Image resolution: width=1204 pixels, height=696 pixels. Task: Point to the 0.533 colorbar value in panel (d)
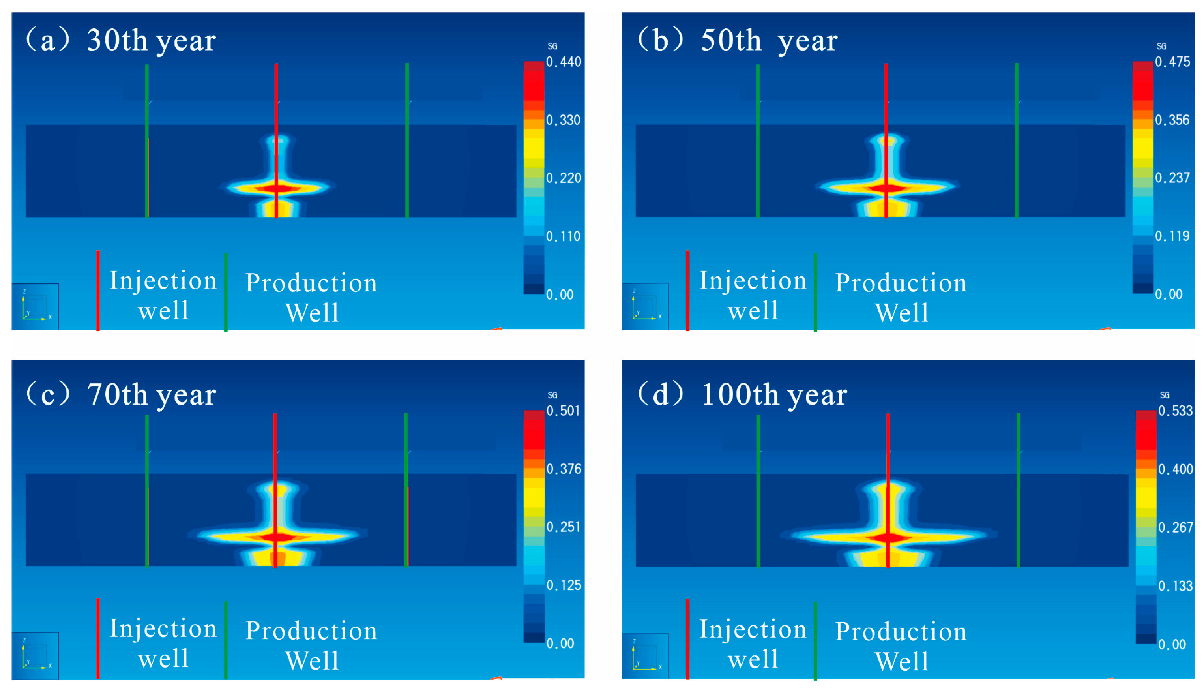coord(1175,411)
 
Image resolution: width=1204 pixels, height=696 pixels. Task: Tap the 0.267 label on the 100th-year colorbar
coord(1175,527)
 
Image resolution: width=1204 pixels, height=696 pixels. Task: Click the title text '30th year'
coord(152,41)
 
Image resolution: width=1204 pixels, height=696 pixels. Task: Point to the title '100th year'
coord(774,395)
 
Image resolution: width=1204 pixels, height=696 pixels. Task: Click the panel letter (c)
coord(48,394)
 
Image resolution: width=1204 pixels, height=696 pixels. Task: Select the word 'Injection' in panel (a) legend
coord(163,281)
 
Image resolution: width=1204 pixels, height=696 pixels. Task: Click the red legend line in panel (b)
coord(687,290)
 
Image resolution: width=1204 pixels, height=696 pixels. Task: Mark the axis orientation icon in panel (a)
coord(36,306)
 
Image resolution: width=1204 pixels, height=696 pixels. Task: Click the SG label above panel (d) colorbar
coord(1165,395)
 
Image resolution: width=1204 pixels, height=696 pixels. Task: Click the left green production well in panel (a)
coord(147,141)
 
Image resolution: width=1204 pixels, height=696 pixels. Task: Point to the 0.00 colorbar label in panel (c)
coord(560,643)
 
